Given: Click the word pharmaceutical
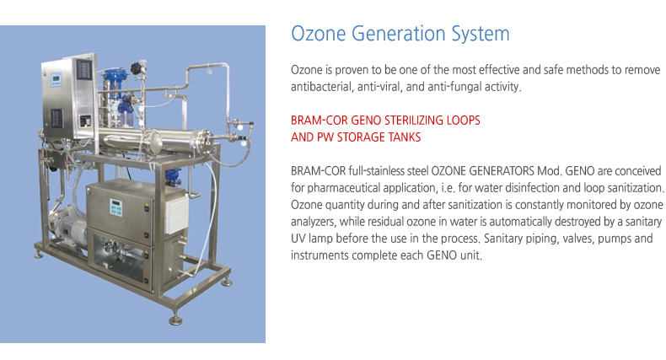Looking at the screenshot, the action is click(343, 188).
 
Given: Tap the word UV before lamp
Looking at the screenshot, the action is click(298, 238).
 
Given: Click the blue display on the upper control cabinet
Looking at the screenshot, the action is click(56, 79).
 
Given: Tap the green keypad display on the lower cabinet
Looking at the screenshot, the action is click(115, 207).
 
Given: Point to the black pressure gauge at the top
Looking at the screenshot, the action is click(137, 68).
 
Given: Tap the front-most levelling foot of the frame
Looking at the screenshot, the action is click(175, 320).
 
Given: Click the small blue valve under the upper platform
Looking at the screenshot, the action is click(173, 176).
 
